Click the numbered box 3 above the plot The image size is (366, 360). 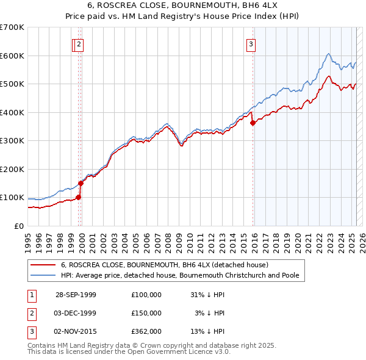point(251,43)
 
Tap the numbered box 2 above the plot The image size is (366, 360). point(81,43)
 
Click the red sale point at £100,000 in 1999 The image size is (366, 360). point(79,197)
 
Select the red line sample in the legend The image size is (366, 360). point(43,265)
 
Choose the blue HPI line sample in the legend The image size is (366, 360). point(43,275)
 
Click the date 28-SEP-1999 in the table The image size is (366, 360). point(76,295)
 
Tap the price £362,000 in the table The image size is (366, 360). point(146,331)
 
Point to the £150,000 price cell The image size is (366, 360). point(146,313)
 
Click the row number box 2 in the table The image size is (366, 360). point(31,313)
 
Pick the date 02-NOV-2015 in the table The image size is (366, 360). point(76,331)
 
